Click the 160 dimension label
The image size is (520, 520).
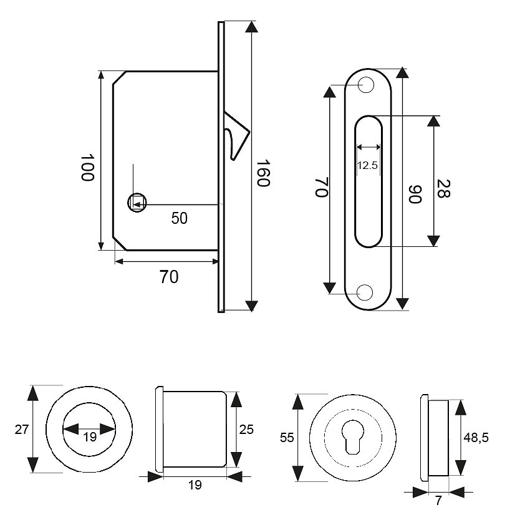click(x=262, y=174)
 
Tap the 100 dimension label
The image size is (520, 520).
click(x=87, y=167)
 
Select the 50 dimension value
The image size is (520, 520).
click(x=180, y=218)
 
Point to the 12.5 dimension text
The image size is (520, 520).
click(x=368, y=165)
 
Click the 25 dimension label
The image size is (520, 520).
click(x=246, y=428)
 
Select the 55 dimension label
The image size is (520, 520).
click(x=286, y=438)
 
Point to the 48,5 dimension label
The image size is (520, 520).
click(x=476, y=437)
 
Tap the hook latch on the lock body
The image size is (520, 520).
click(x=236, y=134)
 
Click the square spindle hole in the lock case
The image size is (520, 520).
click(x=137, y=203)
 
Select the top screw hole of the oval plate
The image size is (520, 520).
click(x=367, y=84)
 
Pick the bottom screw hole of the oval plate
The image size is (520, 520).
click(x=367, y=291)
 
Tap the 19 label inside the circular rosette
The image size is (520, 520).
click(x=90, y=437)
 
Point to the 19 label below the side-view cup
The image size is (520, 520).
click(x=195, y=485)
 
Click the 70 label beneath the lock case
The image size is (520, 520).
click(x=168, y=277)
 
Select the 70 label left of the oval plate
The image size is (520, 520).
click(x=320, y=187)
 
